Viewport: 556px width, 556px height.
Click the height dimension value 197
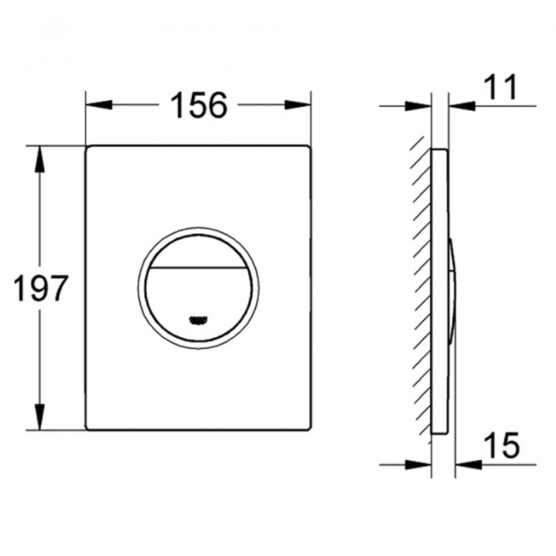pos(40,288)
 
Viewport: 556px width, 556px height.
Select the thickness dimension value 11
pos(500,86)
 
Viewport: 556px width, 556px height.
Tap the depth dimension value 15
pos(502,445)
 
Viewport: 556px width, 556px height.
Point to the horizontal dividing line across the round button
pos(198,267)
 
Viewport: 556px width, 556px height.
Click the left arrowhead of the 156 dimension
pos(99,105)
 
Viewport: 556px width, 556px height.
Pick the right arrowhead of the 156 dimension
pos(298,105)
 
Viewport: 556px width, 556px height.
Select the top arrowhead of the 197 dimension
pos(40,159)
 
